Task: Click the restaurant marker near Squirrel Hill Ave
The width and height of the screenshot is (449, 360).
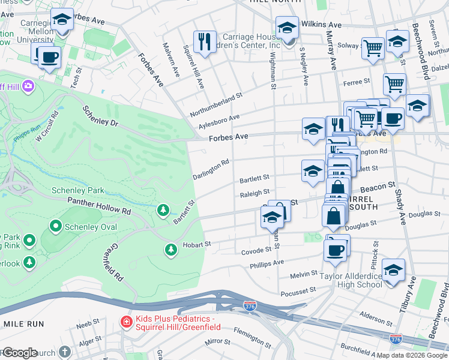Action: [x=205, y=41]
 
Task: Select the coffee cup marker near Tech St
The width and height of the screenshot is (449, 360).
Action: [x=50, y=57]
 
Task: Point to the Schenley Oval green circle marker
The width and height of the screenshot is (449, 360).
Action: [x=56, y=226]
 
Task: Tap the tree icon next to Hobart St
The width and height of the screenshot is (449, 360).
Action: [x=171, y=249]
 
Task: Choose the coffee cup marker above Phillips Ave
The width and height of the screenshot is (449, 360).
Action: [x=336, y=248]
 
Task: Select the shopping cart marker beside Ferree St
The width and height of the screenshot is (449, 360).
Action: [x=394, y=83]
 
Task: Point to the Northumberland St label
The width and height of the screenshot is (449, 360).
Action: [x=215, y=104]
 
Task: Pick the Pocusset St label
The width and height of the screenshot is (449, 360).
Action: [x=298, y=290]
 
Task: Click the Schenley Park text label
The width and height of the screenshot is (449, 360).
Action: [x=78, y=190]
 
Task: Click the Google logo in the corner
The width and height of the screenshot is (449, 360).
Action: [x=19, y=353]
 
